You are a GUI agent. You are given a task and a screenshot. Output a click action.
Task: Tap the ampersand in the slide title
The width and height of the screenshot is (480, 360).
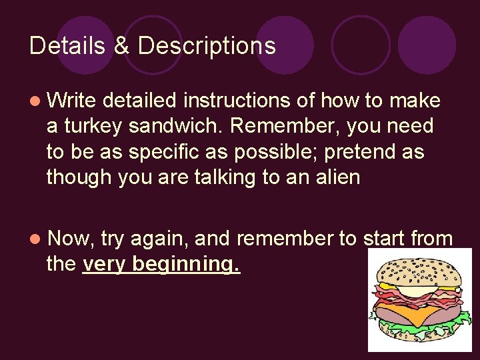121,46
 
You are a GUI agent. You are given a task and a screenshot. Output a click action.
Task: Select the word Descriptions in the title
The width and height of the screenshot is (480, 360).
207,46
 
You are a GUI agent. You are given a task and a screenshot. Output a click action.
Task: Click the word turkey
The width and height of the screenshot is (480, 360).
89,126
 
